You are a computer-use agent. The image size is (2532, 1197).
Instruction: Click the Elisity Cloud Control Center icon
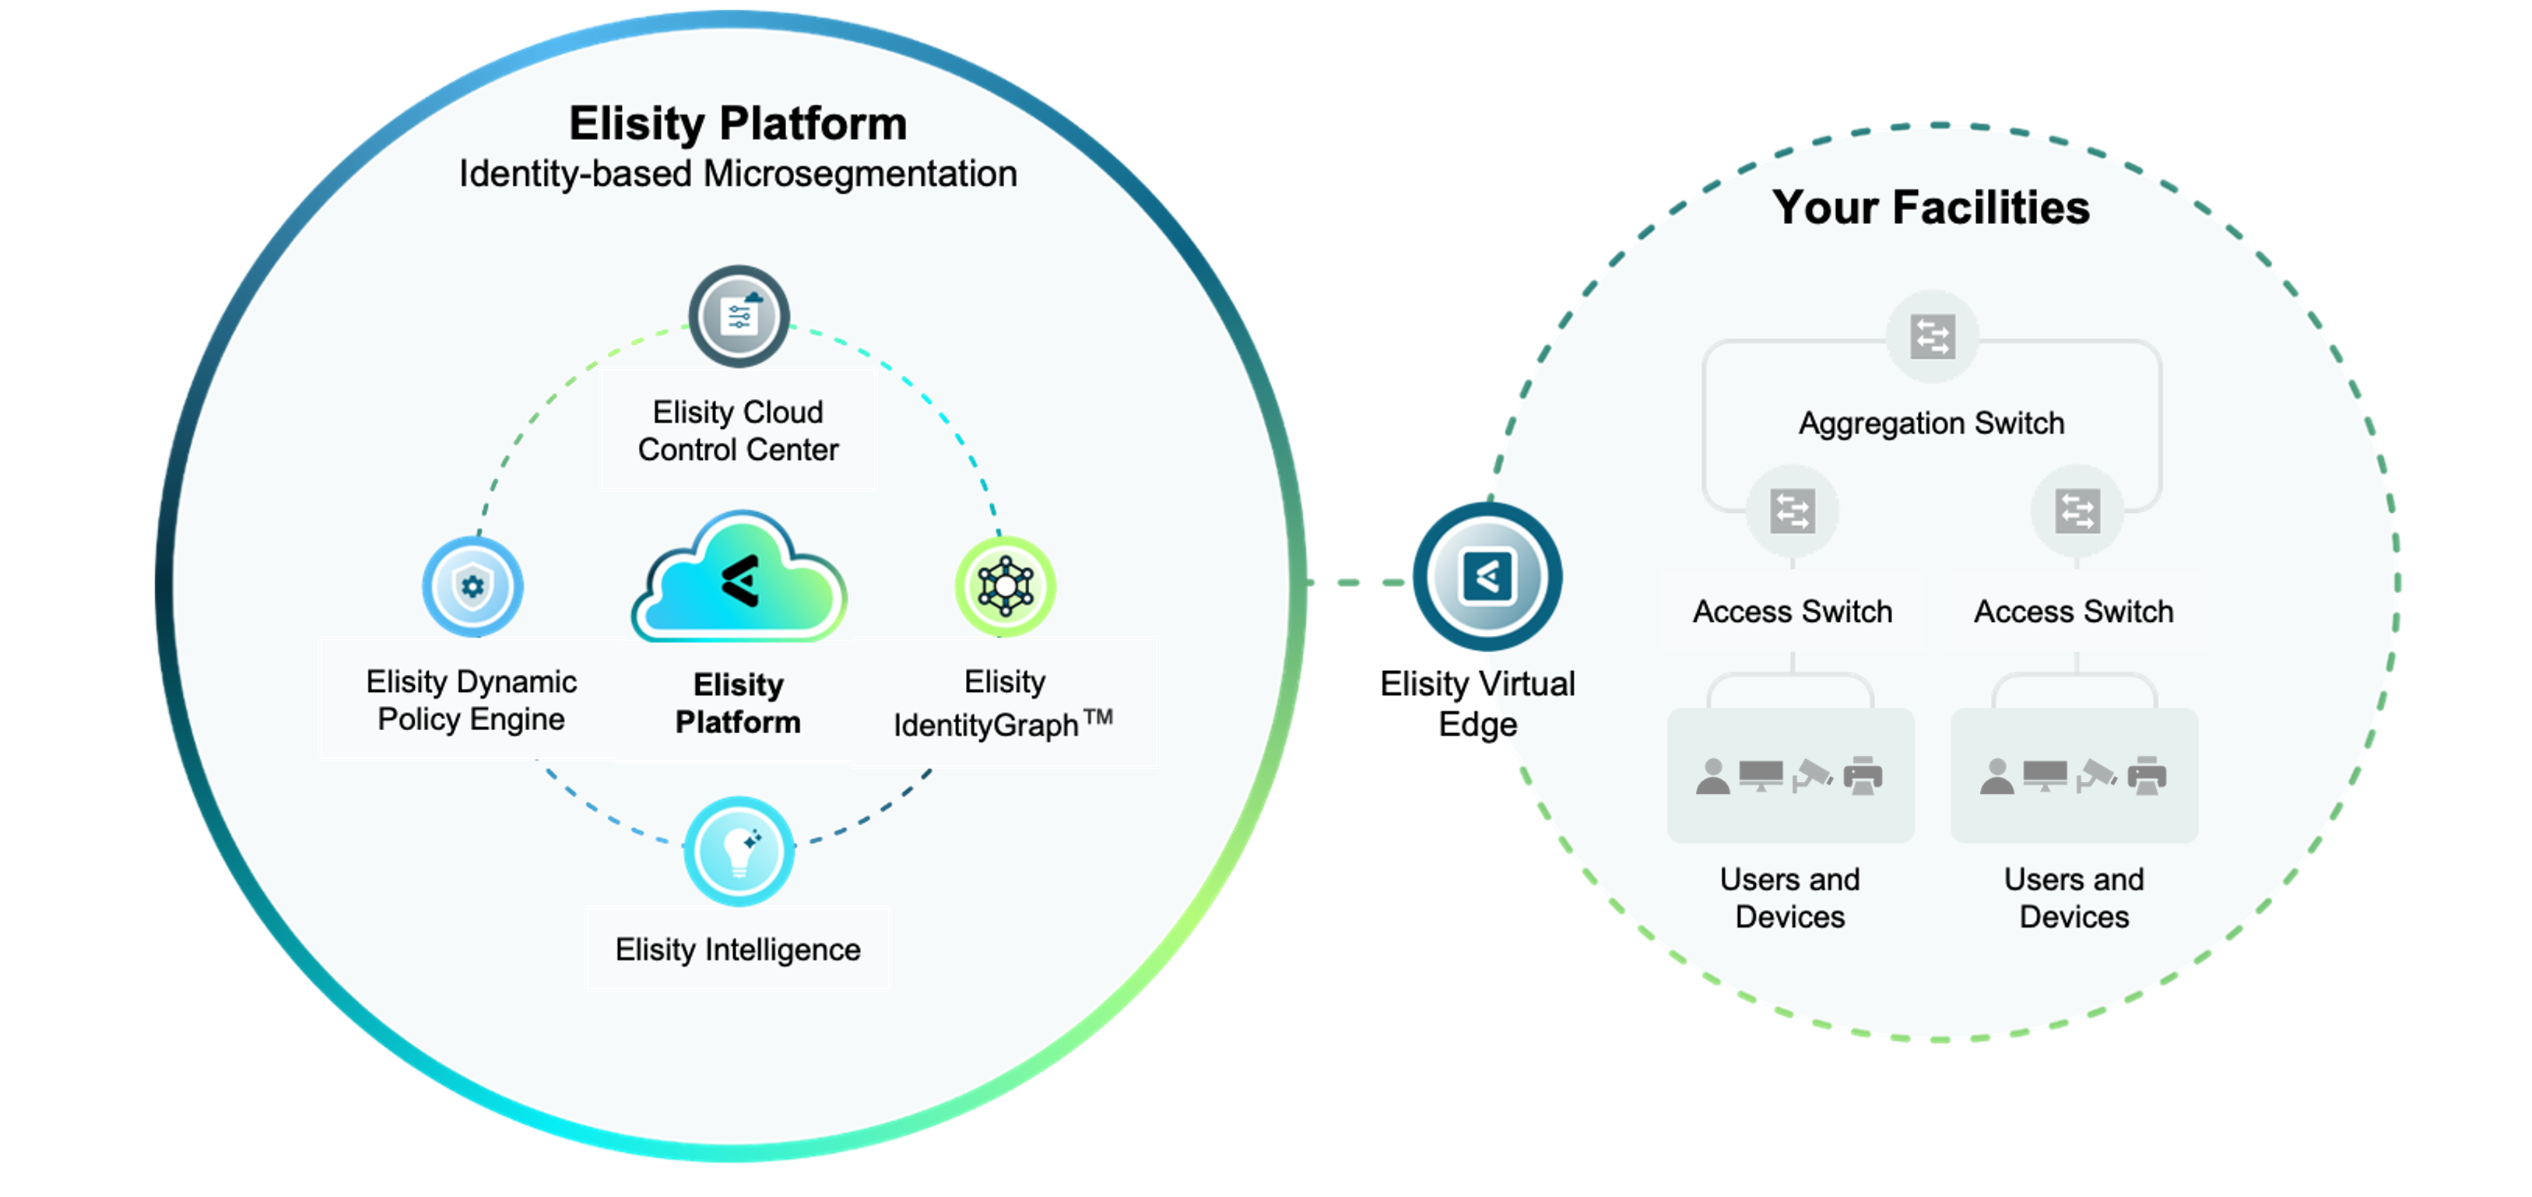pos(738,317)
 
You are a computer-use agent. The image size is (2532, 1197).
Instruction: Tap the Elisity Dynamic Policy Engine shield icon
pos(472,587)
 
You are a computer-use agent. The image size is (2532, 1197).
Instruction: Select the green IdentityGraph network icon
pos(1005,587)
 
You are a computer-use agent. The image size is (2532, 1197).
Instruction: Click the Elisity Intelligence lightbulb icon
pos(738,851)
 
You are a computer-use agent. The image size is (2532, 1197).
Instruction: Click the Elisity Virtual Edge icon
pos(1487,577)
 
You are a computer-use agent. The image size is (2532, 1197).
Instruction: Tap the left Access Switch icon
pos(1792,511)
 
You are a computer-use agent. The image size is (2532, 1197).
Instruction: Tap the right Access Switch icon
pos(2077,511)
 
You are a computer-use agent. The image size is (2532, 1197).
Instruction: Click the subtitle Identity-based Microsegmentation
pos(737,174)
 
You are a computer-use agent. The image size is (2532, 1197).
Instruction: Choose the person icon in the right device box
pos(1996,777)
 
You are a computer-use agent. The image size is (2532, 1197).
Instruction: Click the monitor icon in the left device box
pos(1761,774)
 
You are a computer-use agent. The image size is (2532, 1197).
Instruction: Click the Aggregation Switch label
pos(1930,423)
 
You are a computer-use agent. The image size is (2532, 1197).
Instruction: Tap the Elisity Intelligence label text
pos(737,950)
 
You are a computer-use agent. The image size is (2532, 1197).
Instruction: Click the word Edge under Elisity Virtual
pos(1477,725)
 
